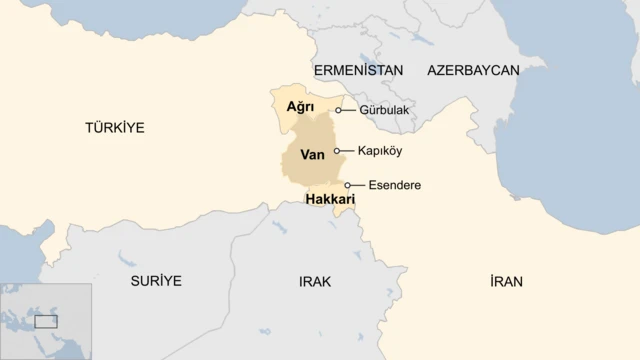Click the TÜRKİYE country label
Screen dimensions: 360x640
114,128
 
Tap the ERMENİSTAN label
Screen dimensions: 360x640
358,70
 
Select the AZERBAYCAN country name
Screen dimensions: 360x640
473,70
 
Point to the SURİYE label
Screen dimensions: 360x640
156,281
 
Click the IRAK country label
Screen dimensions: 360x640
314,281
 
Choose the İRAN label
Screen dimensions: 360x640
506,281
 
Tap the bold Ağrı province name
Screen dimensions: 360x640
300,106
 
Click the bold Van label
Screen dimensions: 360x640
312,155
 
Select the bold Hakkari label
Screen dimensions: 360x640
330,200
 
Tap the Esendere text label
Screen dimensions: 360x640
394,185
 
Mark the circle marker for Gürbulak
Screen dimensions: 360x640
339,110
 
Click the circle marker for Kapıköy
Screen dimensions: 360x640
337,151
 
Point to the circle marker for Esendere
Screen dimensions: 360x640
348,185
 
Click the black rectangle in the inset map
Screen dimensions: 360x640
46,322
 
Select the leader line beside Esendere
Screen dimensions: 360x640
358,185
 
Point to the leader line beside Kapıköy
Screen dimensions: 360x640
347,151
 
